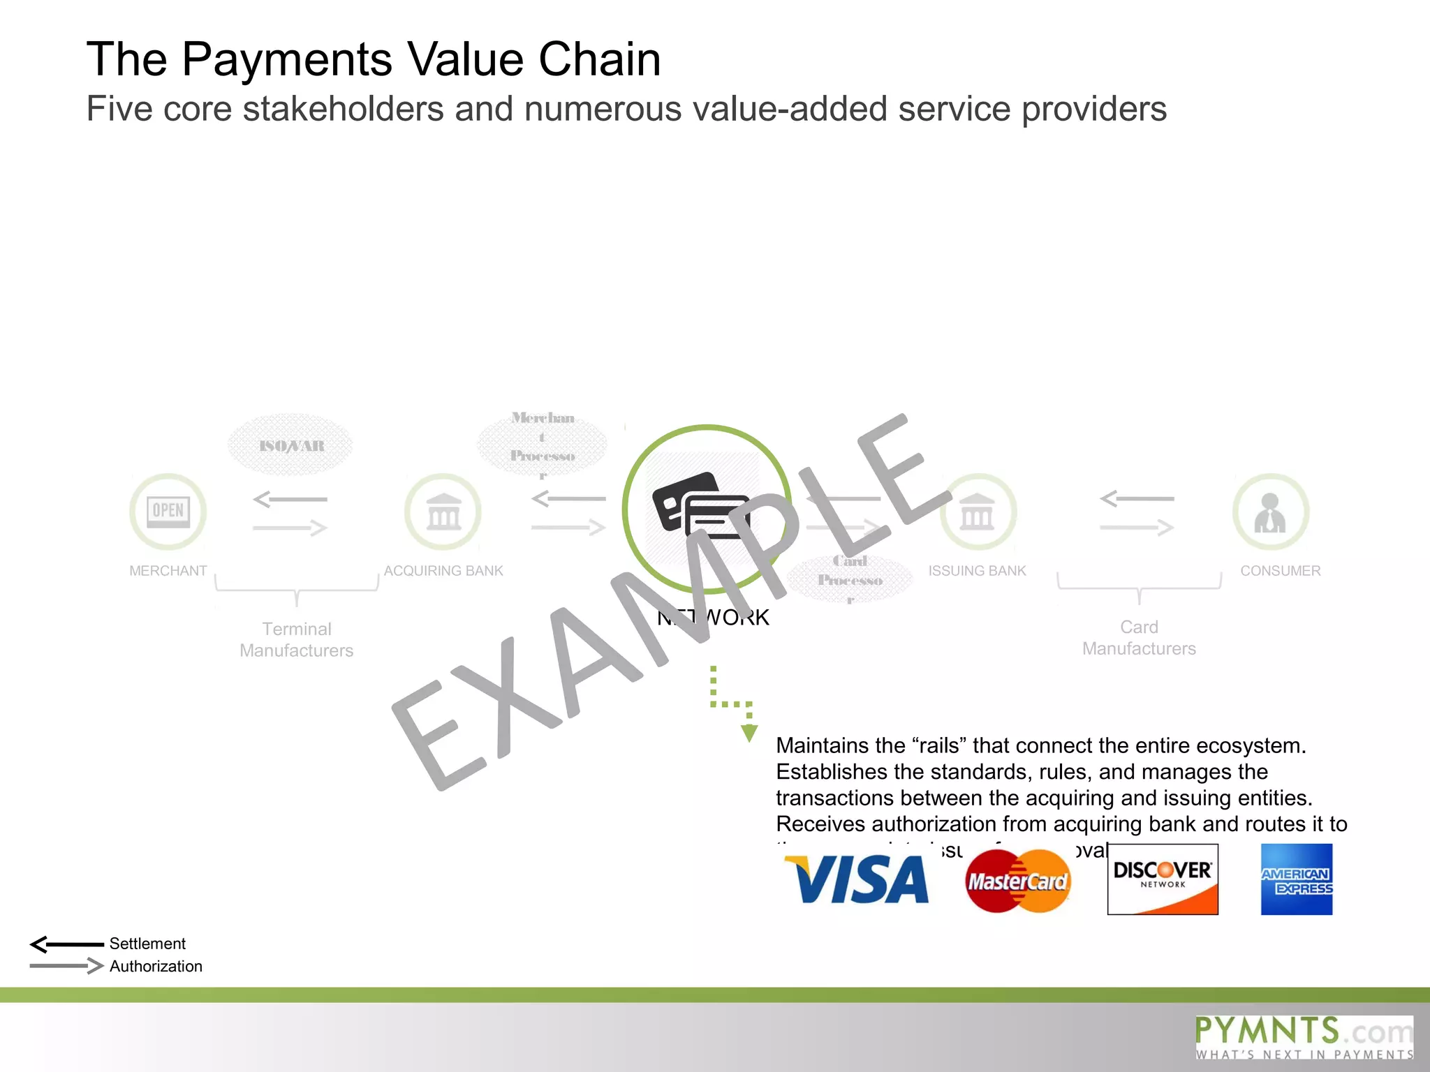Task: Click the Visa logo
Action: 857,879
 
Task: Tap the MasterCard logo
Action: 1018,881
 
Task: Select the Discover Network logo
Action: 1163,879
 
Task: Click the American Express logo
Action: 1297,879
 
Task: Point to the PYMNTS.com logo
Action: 1304,1037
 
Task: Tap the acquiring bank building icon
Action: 443,512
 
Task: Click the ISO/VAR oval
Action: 291,445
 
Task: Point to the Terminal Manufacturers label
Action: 297,639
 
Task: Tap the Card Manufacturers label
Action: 1139,637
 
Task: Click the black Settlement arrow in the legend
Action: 67,944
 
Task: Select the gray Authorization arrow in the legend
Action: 67,966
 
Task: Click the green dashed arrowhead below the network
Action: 749,733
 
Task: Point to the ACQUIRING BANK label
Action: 443,571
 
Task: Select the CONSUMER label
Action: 1281,571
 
